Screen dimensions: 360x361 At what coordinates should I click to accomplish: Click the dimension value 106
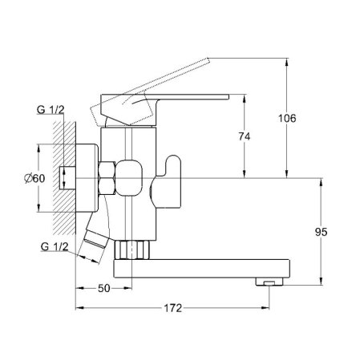pyautogui.click(x=287, y=118)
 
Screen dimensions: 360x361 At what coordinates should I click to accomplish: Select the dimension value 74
pyautogui.click(x=245, y=136)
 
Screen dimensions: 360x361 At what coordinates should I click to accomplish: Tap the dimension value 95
pyautogui.click(x=321, y=232)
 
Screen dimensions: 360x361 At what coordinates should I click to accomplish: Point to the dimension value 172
pyautogui.click(x=173, y=308)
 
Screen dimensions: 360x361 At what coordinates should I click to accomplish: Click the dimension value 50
pyautogui.click(x=104, y=288)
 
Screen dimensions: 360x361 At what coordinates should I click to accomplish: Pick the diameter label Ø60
pyautogui.click(x=34, y=178)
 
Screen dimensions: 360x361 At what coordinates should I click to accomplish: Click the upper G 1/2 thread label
pyautogui.click(x=51, y=110)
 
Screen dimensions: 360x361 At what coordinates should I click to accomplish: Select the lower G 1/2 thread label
pyautogui.click(x=55, y=246)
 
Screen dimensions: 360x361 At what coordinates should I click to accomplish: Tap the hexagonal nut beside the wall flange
pyautogui.click(x=107, y=178)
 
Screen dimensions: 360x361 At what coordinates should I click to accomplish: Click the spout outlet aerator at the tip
pyautogui.click(x=269, y=282)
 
